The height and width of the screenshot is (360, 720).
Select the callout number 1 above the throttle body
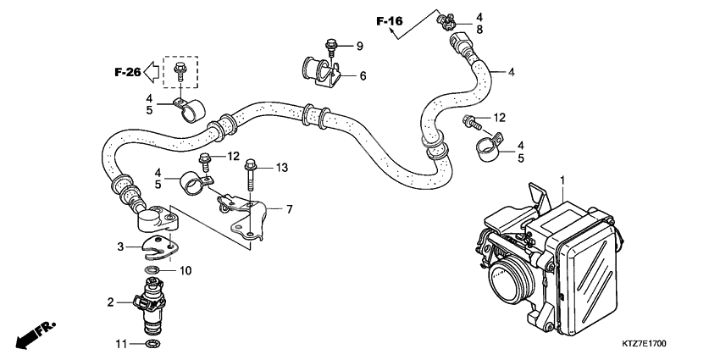pyautogui.click(x=561, y=180)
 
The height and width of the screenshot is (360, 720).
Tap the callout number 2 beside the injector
pyautogui.click(x=110, y=301)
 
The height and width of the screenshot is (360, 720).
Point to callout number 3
pyautogui.click(x=121, y=246)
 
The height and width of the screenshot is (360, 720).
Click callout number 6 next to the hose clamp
pyautogui.click(x=362, y=76)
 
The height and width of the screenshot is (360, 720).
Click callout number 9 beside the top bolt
pyautogui.click(x=358, y=45)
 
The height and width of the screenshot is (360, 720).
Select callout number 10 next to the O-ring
pyautogui.click(x=186, y=270)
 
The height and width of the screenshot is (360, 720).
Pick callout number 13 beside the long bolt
pyautogui.click(x=282, y=168)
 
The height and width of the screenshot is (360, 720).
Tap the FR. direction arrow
pyautogui.click(x=32, y=334)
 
